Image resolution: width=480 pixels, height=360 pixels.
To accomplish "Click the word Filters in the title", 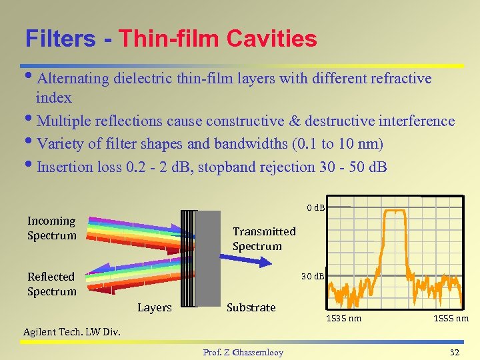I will click(x=60, y=39).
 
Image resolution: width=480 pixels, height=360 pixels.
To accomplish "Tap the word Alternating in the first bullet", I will click(x=73, y=79).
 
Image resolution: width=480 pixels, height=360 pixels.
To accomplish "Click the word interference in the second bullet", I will click(x=416, y=121).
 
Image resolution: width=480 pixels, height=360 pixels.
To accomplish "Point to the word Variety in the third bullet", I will click(x=61, y=144).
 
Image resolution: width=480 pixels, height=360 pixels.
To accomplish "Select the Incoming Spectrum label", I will click(x=52, y=228).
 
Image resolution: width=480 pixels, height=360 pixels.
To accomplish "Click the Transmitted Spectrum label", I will click(x=264, y=239).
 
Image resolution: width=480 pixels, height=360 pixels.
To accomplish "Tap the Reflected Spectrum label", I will click(x=52, y=284).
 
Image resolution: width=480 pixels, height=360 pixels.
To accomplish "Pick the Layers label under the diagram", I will click(x=154, y=307).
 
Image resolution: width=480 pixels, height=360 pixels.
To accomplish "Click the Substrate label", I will click(x=251, y=307).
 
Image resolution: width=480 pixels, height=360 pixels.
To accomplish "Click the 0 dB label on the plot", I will click(x=315, y=207).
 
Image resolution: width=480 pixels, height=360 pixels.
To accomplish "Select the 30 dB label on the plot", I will click(x=313, y=276).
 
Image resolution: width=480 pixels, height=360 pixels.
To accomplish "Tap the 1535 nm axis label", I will click(x=343, y=318).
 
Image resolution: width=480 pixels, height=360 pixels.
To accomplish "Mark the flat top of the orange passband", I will click(x=395, y=211).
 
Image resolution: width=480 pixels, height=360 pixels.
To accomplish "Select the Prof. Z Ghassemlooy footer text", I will click(x=243, y=352).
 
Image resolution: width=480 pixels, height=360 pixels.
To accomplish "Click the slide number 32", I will click(x=455, y=352).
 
